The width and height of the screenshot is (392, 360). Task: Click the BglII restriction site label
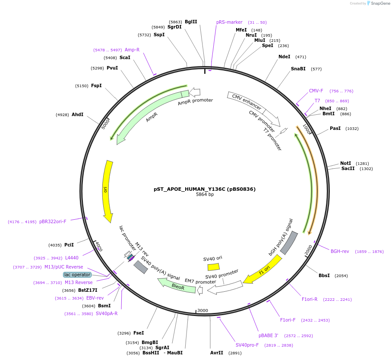[191, 22]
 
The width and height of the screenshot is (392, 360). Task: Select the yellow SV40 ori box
[213, 267]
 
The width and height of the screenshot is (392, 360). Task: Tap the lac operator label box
[78, 275]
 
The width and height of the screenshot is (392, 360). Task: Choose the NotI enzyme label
[345, 163]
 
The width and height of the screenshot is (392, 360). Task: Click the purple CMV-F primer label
[316, 91]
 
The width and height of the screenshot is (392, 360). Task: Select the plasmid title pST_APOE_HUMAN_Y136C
[205, 189]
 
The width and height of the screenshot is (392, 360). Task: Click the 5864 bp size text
[205, 195]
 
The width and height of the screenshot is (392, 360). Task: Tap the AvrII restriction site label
[217, 353]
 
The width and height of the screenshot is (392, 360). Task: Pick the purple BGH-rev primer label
[340, 251]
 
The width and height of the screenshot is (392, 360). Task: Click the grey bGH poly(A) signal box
[289, 243]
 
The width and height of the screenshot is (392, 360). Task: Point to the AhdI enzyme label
[78, 114]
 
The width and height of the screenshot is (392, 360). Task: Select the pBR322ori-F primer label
[53, 221]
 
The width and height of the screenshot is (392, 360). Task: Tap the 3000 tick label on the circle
[202, 310]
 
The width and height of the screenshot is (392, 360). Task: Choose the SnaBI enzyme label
[298, 69]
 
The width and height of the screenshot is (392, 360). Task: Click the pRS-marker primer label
[229, 22]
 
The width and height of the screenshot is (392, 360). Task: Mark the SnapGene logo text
[380, 3]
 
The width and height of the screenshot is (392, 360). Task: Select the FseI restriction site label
[139, 333]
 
